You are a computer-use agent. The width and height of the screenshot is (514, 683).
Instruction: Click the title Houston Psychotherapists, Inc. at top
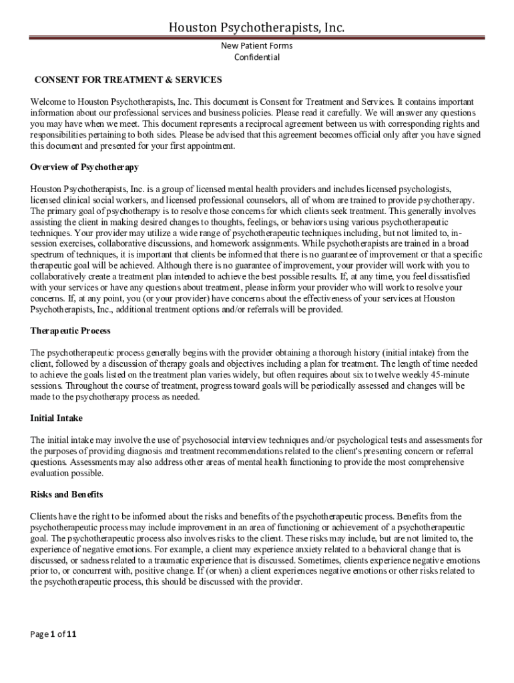click(x=256, y=27)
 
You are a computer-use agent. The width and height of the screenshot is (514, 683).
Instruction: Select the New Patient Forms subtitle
click(x=256, y=45)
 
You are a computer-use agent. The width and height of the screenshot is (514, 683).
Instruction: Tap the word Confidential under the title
click(x=256, y=57)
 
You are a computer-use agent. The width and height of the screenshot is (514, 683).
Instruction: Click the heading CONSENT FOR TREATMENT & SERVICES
click(x=128, y=80)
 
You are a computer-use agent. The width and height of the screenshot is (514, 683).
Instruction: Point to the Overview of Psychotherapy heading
click(x=84, y=167)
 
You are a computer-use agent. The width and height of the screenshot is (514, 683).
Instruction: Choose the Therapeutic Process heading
click(x=71, y=331)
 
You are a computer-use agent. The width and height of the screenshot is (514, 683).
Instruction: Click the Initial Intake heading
click(x=57, y=418)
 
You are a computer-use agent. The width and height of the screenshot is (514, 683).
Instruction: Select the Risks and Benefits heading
click(x=67, y=495)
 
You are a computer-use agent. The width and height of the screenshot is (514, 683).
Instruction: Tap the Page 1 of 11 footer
click(x=54, y=634)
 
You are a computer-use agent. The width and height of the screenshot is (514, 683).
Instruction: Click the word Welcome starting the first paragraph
click(x=48, y=102)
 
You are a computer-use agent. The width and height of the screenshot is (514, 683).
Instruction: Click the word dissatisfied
click(x=449, y=276)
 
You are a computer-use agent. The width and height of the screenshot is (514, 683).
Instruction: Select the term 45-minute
click(x=450, y=375)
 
